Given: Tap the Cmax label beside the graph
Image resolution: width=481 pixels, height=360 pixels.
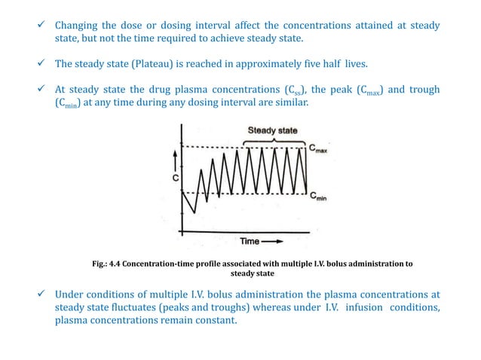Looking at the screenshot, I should click(318, 148).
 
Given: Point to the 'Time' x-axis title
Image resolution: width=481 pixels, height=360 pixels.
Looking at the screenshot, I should click(250, 241).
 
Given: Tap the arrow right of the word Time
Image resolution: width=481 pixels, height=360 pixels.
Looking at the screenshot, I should click(274, 241).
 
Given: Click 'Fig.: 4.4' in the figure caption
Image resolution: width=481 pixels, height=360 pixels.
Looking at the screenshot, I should click(109, 264).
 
